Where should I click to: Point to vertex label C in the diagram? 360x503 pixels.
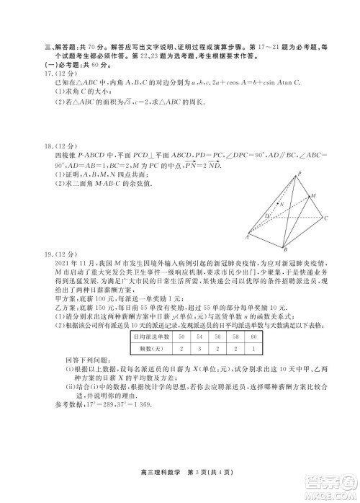[x=327, y=218]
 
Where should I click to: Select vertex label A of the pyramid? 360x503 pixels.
[x=248, y=236]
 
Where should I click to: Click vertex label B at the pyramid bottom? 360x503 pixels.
[x=285, y=249]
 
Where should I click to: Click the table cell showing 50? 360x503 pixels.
[x=181, y=337]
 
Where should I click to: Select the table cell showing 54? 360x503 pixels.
[x=199, y=337]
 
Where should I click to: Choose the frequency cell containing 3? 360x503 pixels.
[x=199, y=348]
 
